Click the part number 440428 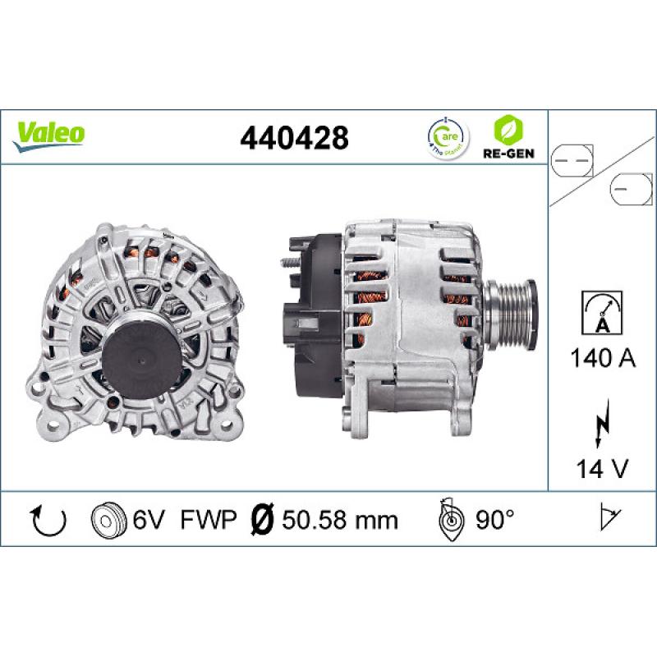[294, 136]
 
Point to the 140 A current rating [601, 357]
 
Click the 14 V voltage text [601, 469]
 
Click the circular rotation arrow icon [47, 519]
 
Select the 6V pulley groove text [149, 519]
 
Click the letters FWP [209, 519]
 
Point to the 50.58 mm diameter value [339, 519]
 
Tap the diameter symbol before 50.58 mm [260, 519]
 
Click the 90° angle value [495, 519]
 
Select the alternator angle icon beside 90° [453, 518]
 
